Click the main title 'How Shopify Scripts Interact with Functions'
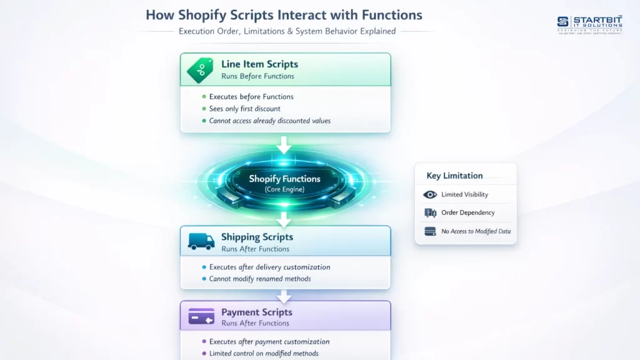tap(284, 14)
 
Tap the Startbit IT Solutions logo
tap(589, 25)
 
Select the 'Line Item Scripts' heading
tap(259, 64)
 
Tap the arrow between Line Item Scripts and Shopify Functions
tap(284, 146)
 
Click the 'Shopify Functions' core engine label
tap(284, 179)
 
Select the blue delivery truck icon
tap(201, 241)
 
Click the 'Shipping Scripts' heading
tap(257, 237)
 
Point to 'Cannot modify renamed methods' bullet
tap(260, 279)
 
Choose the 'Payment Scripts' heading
tap(256, 312)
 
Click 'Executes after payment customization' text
tap(269, 342)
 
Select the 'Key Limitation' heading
tap(454, 176)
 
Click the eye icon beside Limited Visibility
tap(430, 195)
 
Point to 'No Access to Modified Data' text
tap(476, 231)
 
